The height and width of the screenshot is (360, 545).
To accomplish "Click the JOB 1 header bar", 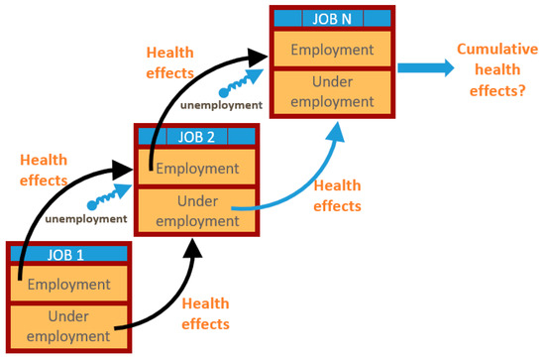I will tap(67, 253).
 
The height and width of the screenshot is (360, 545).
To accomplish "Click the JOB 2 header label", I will tap(196, 137).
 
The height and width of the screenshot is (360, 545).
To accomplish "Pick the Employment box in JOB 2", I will tap(196, 169).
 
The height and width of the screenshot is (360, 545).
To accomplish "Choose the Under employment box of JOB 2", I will tap(196, 209).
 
